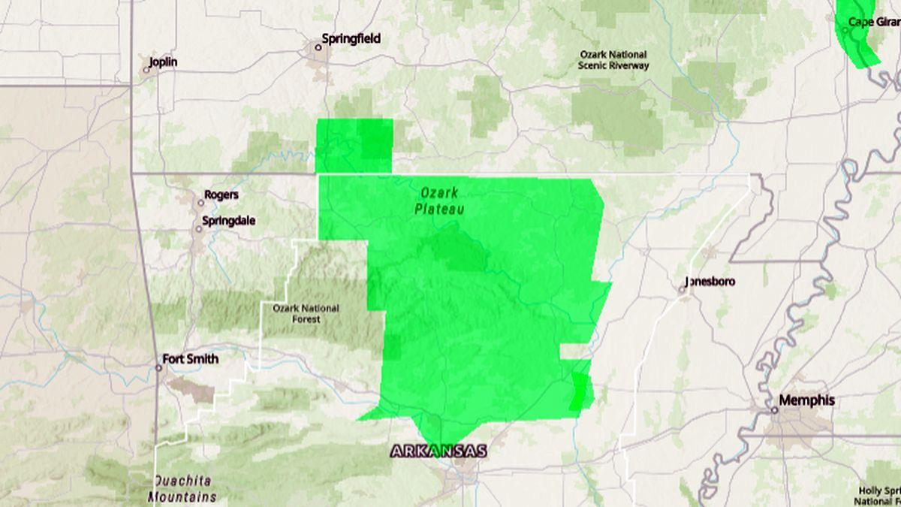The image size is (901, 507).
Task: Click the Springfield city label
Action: coord(351,38)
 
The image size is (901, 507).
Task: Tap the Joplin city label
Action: coord(163,62)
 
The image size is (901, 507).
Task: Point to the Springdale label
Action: coord(228,221)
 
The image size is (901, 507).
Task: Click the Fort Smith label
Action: coord(191,359)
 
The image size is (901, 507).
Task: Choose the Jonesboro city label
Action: coord(710,282)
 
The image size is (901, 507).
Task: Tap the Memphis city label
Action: coord(806,400)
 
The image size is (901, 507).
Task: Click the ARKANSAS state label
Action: coord(438,451)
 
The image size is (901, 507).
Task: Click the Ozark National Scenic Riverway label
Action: coord(613,60)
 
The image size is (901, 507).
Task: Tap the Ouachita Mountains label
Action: coord(182,488)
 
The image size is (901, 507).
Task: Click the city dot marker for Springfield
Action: coord(318,47)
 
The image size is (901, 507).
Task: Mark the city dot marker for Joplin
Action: coord(146,71)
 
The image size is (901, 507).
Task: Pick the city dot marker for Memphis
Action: coord(774,409)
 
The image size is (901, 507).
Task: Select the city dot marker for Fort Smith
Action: coord(158,367)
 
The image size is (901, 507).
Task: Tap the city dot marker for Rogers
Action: coord(200,203)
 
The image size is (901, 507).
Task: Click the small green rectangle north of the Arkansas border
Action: coord(354,145)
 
